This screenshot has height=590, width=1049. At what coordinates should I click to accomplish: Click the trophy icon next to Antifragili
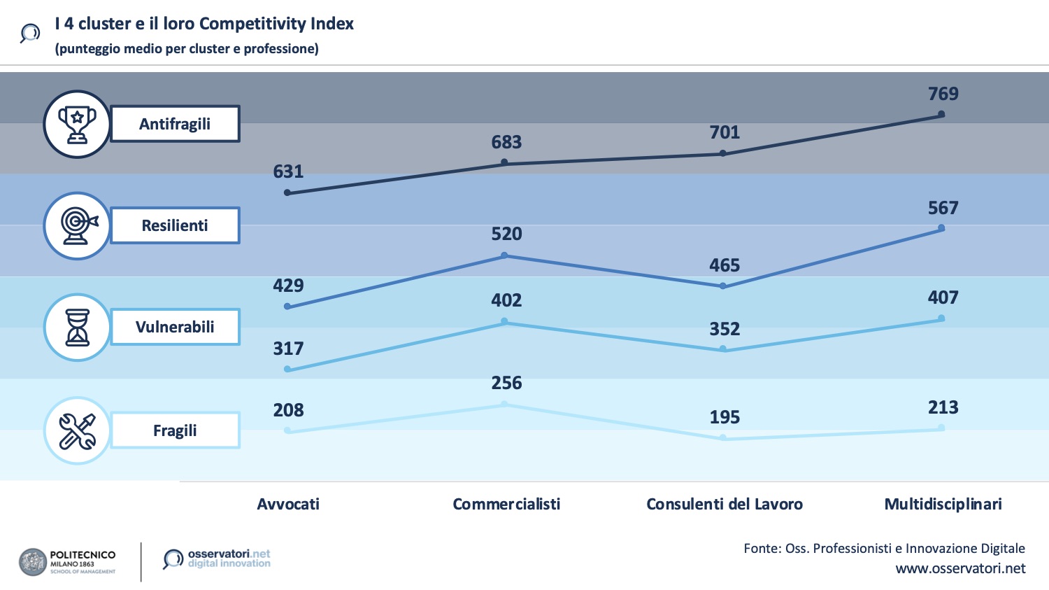(77, 124)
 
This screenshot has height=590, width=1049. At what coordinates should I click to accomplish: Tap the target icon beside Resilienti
(77, 225)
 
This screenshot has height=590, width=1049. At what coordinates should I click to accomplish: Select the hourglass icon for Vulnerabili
(77, 327)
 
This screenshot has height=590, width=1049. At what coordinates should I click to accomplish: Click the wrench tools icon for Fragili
(77, 430)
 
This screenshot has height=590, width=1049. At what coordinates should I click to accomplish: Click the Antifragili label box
(175, 124)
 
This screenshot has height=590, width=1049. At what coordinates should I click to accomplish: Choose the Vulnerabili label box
(175, 327)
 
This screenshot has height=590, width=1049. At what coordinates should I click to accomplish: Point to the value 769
(943, 94)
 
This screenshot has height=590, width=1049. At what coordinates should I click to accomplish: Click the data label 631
(288, 171)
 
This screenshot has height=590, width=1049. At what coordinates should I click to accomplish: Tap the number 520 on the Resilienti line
(506, 234)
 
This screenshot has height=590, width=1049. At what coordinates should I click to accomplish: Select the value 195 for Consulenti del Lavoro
(725, 417)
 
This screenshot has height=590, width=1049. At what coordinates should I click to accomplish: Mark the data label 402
(506, 300)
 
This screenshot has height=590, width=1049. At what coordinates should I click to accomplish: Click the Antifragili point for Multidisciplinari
(941, 114)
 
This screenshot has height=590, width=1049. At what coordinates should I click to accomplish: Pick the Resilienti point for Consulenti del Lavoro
(723, 286)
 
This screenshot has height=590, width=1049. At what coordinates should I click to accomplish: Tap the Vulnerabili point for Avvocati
(287, 369)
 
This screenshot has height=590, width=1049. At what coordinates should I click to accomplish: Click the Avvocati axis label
(288, 504)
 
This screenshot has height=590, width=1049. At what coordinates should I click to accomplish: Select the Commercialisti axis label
(506, 504)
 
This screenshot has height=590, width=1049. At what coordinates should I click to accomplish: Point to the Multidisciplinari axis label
(943, 504)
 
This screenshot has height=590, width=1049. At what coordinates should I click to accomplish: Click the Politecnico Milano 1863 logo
(67, 562)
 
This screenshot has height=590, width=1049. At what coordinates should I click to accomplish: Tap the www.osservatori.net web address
(960, 568)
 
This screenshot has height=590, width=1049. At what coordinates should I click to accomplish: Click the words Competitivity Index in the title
(276, 24)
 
